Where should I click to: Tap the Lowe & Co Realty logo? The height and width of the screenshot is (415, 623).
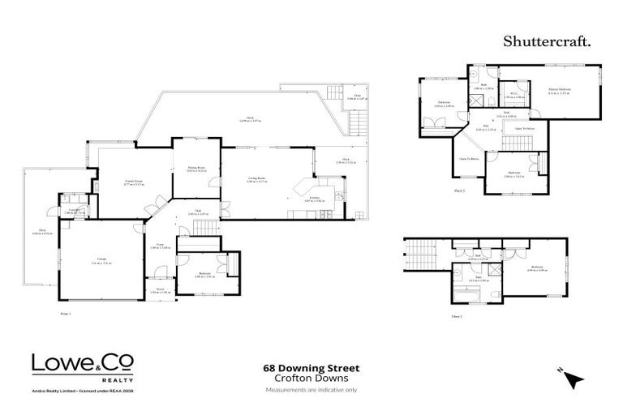(83, 367)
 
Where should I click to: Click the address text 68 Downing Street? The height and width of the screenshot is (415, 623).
(311, 368)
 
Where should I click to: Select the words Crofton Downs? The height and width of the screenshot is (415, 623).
(311, 379)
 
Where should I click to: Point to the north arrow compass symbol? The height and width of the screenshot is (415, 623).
(574, 378)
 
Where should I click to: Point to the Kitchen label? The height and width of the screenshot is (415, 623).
(312, 199)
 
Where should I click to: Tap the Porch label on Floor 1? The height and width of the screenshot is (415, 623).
(160, 289)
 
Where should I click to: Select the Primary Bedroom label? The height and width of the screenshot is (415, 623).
(559, 91)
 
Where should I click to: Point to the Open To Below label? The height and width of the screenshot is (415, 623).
(469, 159)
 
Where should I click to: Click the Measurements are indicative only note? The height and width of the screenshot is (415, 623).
(311, 390)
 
